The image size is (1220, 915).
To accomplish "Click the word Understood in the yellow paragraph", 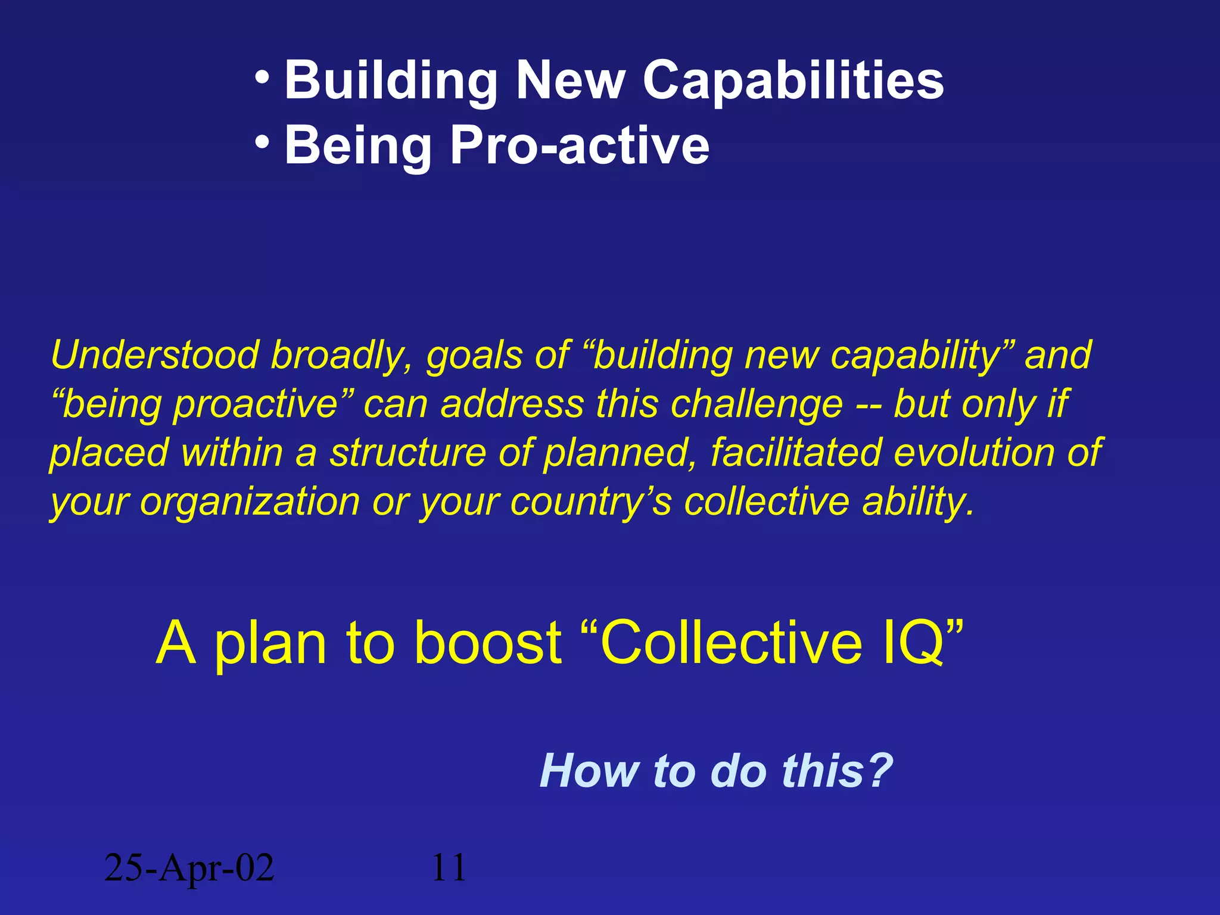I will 154,355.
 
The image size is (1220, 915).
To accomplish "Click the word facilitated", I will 796,453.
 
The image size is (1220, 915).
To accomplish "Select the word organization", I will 250,502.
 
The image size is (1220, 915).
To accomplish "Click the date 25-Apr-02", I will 189,868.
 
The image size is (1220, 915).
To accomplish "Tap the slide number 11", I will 449,868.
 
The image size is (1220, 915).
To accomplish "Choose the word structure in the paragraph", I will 408,453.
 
